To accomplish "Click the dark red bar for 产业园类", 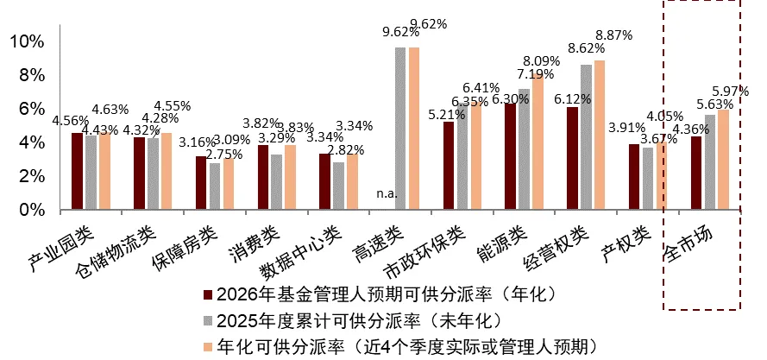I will point(77,172).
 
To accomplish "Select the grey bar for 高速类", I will point(400,129).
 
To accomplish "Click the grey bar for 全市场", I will point(710,162).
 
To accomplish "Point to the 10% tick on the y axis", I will point(26,41).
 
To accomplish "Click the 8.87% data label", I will point(613,35).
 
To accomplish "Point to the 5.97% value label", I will point(730,91).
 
